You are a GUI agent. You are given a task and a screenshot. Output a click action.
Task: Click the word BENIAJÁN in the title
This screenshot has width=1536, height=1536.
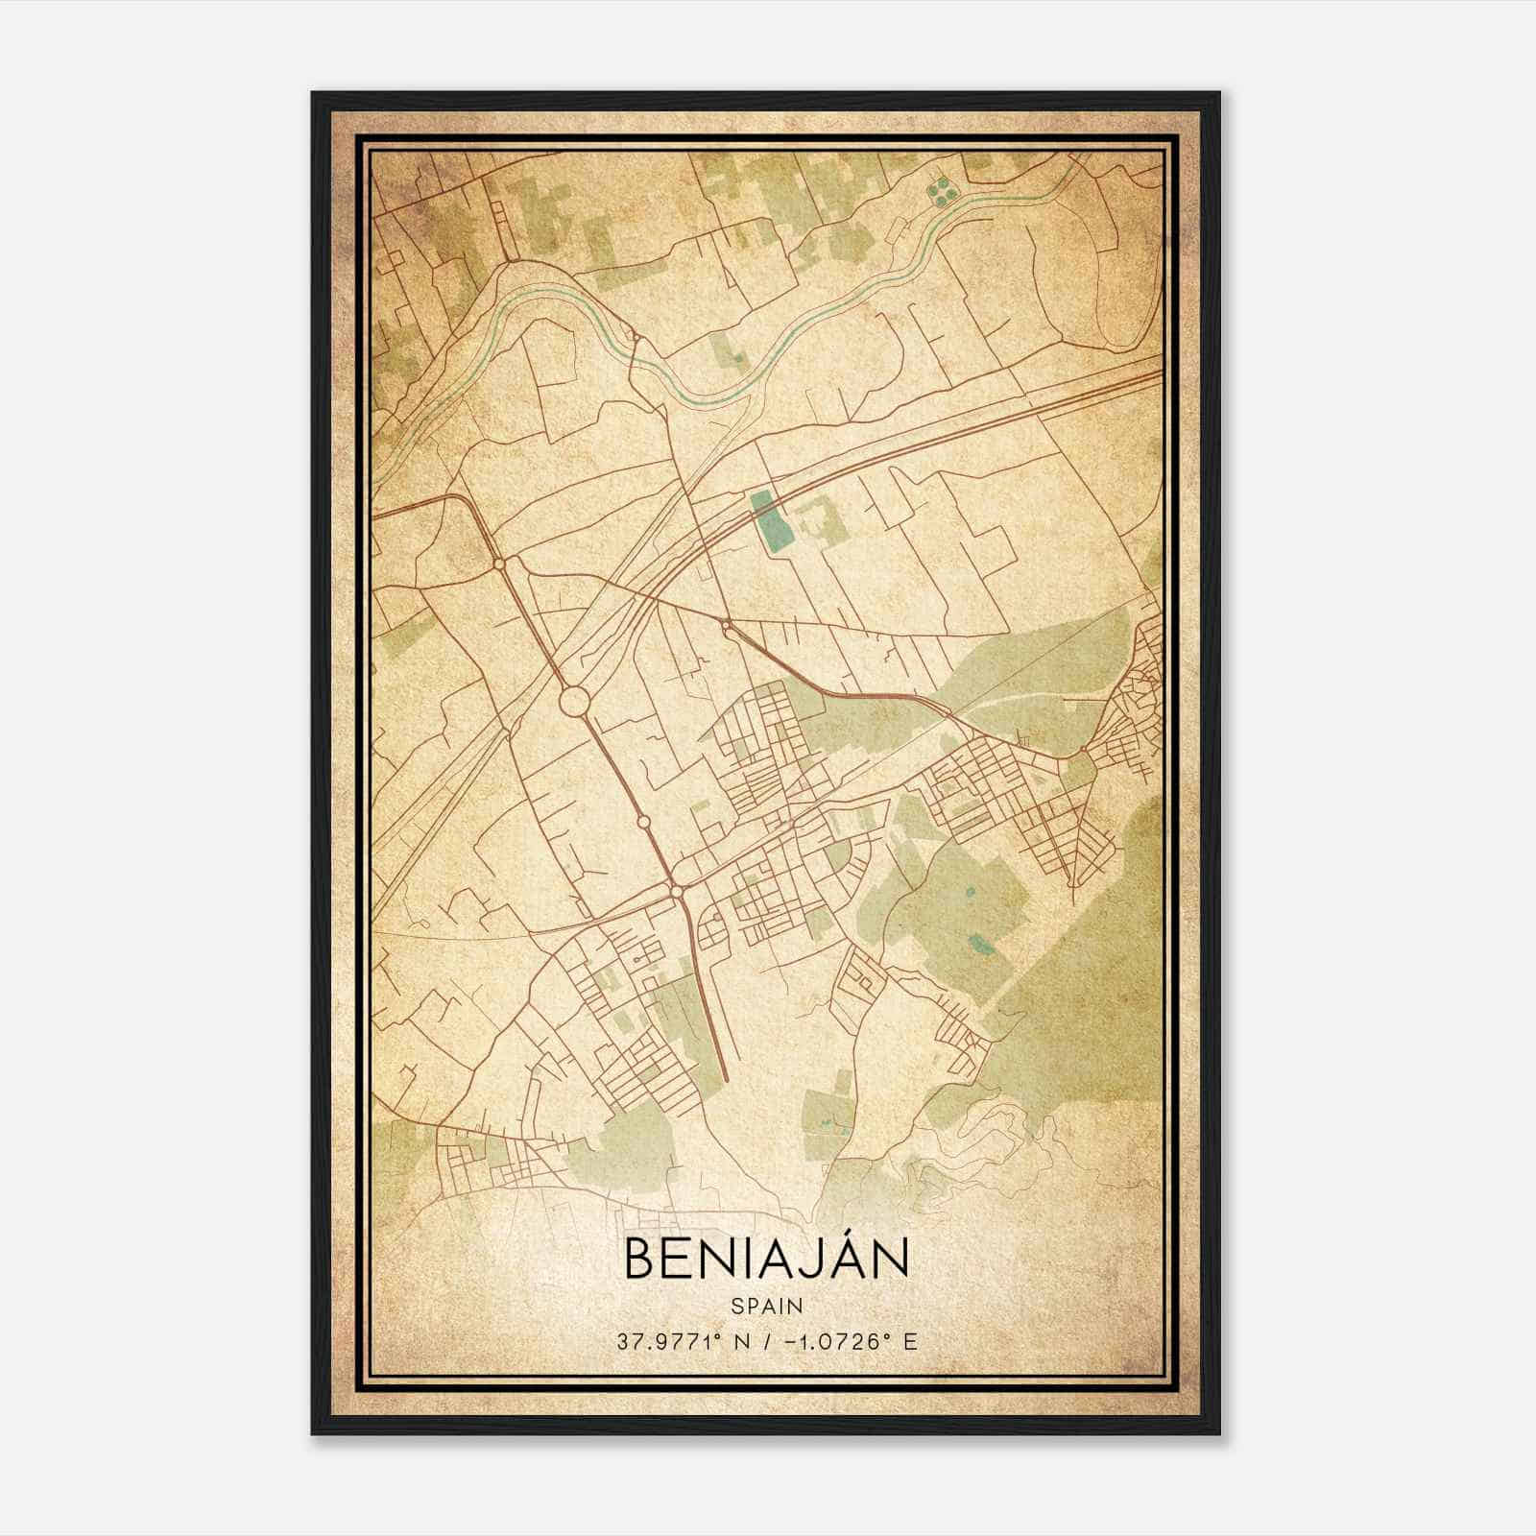[766, 1259]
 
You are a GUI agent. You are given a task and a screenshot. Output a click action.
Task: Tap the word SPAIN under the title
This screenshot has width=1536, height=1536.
[766, 1306]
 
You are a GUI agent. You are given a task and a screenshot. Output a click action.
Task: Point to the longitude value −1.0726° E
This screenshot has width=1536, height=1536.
[852, 1341]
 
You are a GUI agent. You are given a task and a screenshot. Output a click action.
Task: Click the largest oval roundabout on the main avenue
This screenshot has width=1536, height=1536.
[574, 701]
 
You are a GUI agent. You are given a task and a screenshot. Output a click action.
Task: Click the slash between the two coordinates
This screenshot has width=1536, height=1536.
[764, 1341]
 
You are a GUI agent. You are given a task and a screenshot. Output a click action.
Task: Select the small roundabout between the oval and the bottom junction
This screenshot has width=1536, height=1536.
[640, 823]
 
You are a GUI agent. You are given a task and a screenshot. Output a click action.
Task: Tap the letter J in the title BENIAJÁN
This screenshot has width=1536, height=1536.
[796, 1260]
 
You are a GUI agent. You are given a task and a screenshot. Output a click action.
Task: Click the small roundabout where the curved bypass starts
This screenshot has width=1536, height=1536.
[726, 626]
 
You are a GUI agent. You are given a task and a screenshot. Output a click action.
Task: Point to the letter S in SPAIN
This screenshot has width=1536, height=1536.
[736, 1306]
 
